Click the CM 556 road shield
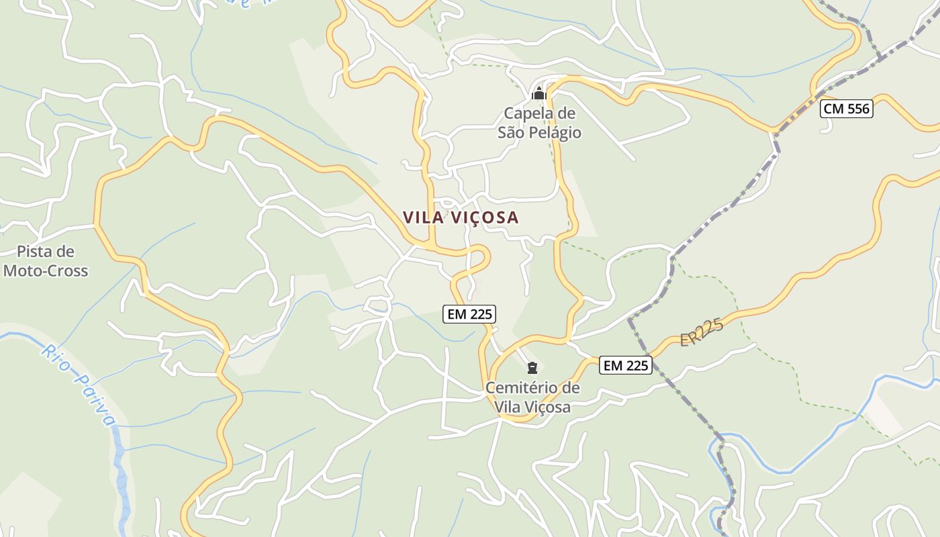846,109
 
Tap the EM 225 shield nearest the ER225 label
626,365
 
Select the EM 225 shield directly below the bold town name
469,313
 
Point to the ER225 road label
702,332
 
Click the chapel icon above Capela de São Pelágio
538,93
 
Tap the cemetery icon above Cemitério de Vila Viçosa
532,368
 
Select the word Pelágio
555,132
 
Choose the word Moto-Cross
46,271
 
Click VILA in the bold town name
420,217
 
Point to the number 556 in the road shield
857,109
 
